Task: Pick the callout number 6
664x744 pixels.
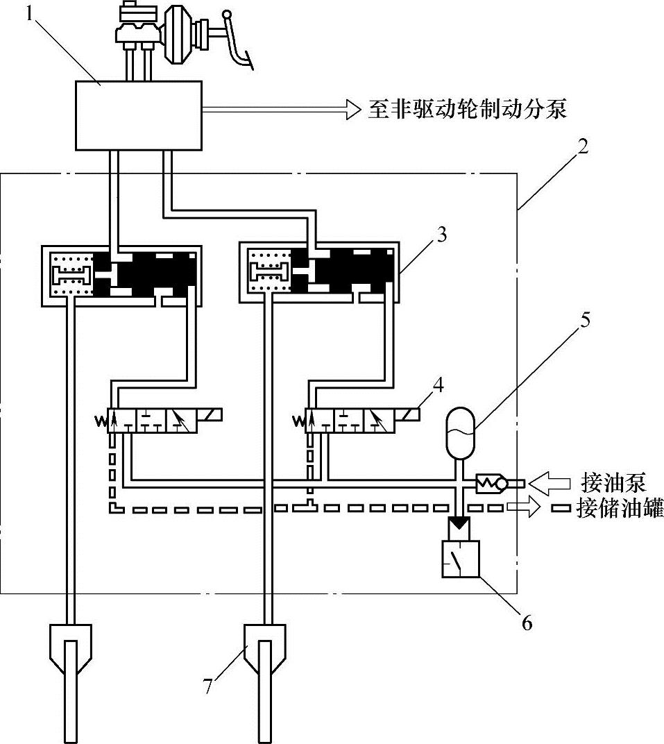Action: tap(526, 622)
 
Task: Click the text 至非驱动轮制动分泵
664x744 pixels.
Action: tap(466, 109)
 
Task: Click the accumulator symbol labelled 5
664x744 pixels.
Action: tap(459, 433)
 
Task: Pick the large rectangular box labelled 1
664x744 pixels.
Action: tap(139, 115)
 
